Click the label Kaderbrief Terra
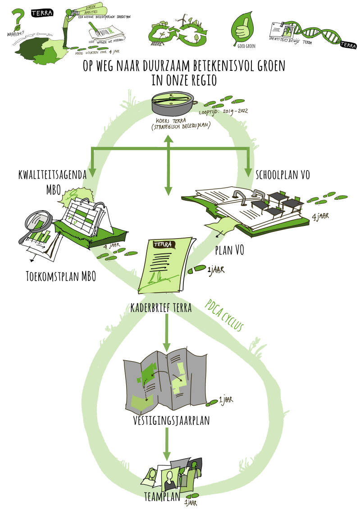pos(161,308)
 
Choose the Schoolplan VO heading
pos(283,175)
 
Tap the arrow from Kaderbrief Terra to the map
pos(167,333)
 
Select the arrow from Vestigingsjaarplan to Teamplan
pos(167,444)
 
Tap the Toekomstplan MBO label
pos(61,276)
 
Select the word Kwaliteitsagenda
pos(52,175)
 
